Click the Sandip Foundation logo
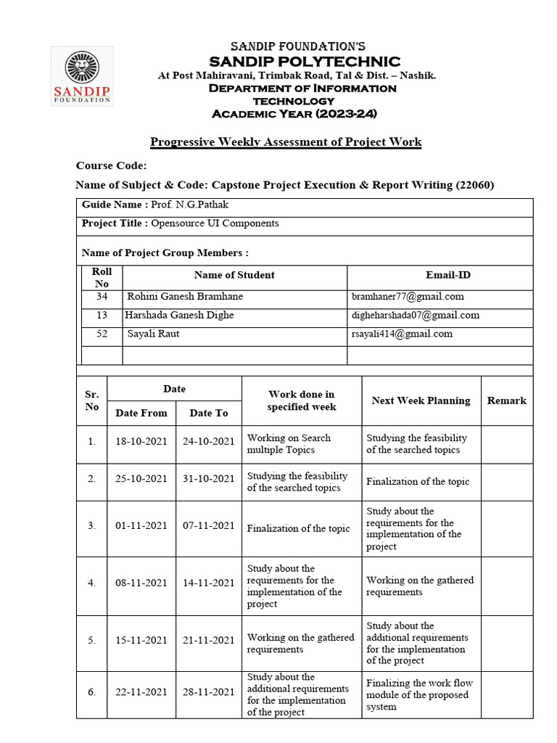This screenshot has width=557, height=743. tap(81, 76)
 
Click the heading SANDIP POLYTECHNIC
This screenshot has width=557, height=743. tap(304, 61)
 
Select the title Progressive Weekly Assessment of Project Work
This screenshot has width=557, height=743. tap(285, 141)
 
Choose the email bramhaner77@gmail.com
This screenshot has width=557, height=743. tap(408, 297)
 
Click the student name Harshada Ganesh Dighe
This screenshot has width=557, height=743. tap(179, 315)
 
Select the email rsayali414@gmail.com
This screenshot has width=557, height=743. tap(402, 334)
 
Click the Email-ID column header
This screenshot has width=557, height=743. tap(447, 275)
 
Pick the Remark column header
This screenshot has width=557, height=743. tap(506, 401)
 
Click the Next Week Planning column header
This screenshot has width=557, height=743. tap(421, 401)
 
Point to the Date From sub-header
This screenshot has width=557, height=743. tap(141, 413)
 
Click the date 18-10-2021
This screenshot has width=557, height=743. tap(141, 442)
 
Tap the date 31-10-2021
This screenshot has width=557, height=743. tap(209, 479)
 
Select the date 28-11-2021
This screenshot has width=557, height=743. tap(209, 692)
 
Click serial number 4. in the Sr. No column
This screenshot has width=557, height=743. tap(91, 583)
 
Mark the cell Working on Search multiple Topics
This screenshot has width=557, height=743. tap(289, 444)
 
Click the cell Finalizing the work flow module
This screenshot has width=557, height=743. tap(417, 694)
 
